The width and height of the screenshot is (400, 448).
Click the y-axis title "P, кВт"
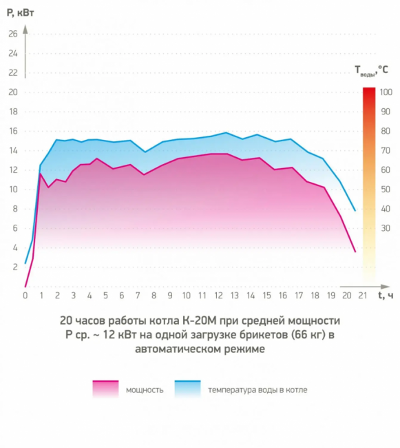click(20, 13)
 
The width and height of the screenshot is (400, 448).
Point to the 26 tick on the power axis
click(13, 34)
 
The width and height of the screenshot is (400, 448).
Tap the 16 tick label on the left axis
click(13, 131)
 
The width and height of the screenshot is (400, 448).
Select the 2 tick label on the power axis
click(15, 267)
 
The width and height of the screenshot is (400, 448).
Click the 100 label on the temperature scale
click(386, 92)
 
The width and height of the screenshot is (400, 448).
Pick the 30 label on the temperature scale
click(386, 228)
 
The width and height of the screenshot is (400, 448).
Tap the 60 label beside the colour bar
click(386, 170)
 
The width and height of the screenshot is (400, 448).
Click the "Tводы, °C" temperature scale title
click(371, 70)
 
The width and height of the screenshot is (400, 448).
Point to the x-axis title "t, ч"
click(386, 295)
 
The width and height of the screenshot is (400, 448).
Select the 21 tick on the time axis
click(363, 296)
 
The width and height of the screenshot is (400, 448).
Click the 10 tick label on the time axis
click(186, 296)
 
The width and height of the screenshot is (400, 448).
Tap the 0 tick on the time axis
click(25, 296)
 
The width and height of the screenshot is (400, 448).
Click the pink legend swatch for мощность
click(105, 389)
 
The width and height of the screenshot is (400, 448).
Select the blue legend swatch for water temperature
click(188, 389)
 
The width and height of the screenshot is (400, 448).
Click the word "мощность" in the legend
click(145, 390)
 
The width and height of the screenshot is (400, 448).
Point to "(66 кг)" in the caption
click(308, 334)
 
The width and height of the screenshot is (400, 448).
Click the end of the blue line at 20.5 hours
click(355, 211)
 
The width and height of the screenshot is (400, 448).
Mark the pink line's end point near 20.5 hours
click(355, 252)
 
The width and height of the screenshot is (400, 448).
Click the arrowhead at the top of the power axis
click(25, 29)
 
